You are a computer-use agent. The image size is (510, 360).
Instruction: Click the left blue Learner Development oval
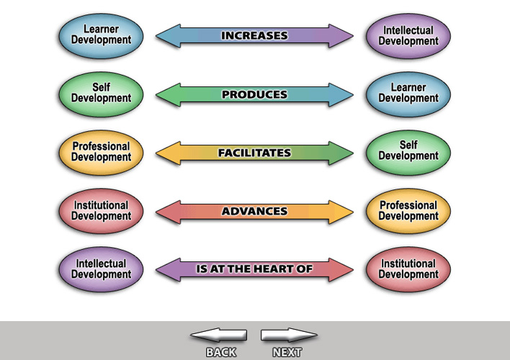[x=101, y=35]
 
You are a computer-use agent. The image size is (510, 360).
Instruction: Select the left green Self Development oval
[x=101, y=93]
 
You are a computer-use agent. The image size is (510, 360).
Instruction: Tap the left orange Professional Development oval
[x=101, y=151]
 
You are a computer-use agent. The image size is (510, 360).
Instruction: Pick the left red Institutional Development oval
[x=101, y=210]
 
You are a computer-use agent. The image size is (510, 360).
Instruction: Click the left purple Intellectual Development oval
[x=101, y=269]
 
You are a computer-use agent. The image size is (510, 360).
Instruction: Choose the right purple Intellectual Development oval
[x=408, y=35]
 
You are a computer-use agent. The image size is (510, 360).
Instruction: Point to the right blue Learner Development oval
[x=408, y=93]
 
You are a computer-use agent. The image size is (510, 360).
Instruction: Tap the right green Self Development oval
[x=408, y=151]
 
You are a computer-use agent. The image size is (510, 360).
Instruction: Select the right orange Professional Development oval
[x=408, y=210]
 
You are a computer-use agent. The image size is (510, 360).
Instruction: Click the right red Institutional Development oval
[x=408, y=269]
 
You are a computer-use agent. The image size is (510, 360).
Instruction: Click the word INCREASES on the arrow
[x=254, y=35]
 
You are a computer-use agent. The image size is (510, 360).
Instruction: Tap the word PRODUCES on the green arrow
[x=254, y=94]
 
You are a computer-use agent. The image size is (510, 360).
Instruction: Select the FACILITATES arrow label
[x=254, y=153]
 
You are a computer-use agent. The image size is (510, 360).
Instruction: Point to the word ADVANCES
[x=254, y=212]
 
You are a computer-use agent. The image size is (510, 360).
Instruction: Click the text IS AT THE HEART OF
[x=254, y=269]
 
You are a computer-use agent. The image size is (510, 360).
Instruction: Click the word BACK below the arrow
[x=221, y=352]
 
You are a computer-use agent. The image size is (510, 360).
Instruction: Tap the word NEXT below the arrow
[x=287, y=352]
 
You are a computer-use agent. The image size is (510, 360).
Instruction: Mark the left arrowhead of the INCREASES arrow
[x=164, y=35]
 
